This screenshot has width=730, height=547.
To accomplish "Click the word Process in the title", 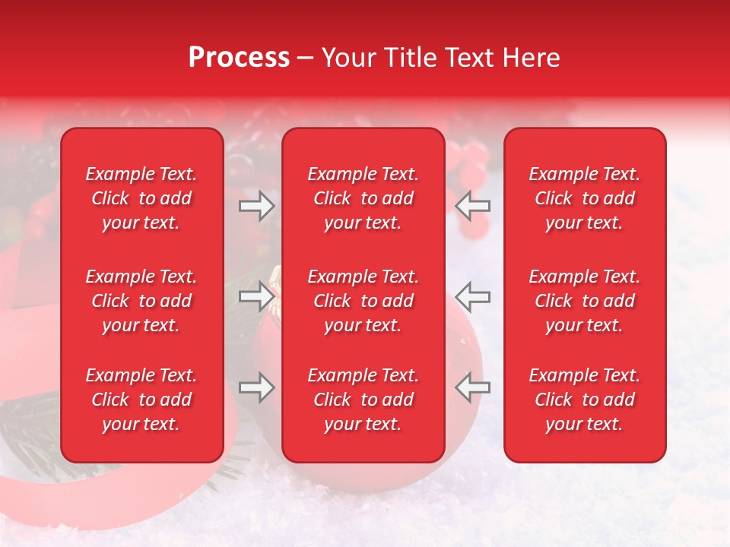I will (239, 58).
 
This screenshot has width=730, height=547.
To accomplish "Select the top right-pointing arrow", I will (257, 206).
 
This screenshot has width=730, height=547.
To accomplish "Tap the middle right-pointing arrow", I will (257, 297).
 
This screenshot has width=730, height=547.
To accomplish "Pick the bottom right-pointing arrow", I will (257, 388).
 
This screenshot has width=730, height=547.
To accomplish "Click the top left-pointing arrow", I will (473, 206).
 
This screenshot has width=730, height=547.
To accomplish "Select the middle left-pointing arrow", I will (473, 297).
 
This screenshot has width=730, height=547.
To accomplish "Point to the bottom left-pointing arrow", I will (473, 388).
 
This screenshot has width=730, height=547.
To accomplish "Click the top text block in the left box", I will (141, 198).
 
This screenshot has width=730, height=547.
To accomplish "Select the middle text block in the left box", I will (141, 301).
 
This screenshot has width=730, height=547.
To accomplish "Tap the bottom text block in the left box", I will (141, 400).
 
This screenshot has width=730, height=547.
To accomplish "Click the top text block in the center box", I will (363, 198).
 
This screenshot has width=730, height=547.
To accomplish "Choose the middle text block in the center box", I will (363, 301).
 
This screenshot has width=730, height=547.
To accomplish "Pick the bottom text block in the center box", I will (363, 400).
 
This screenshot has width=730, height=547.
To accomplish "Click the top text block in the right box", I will (585, 198).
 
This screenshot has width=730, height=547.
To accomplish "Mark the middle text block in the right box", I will (585, 301).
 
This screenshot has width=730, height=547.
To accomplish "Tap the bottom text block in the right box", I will (585, 400).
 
